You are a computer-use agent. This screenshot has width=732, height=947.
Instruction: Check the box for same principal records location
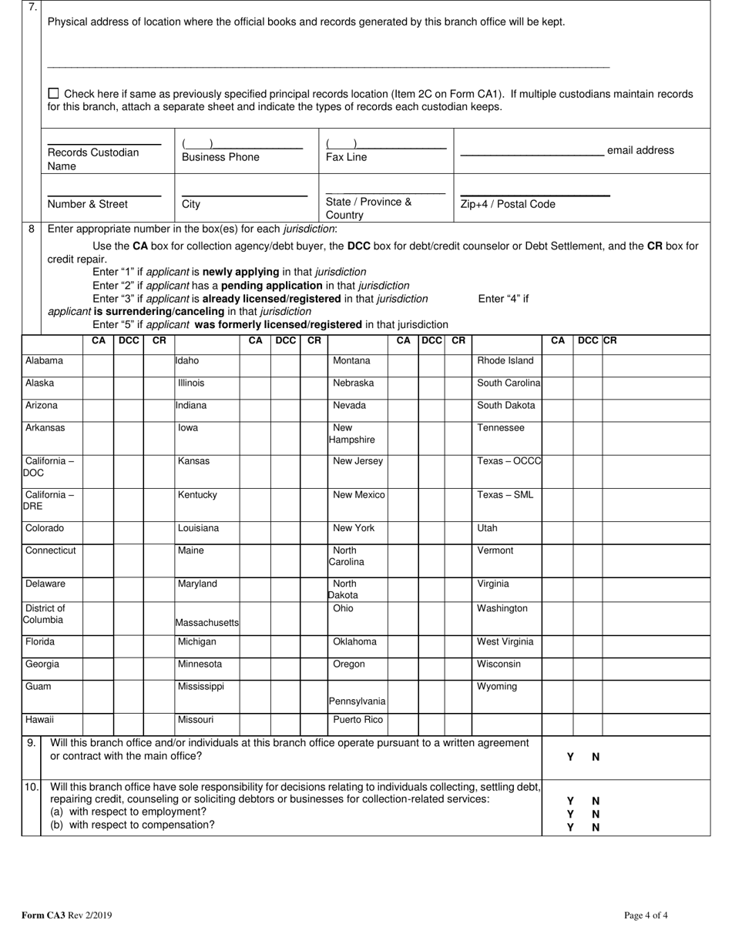tap(53, 93)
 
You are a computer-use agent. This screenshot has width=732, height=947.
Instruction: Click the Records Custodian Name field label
tap(92, 159)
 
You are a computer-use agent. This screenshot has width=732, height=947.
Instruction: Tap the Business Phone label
tap(220, 157)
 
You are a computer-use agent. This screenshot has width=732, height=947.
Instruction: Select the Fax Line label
tap(346, 157)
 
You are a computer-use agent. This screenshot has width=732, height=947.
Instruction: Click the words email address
tap(640, 150)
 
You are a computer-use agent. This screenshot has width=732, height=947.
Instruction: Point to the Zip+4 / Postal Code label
tap(507, 204)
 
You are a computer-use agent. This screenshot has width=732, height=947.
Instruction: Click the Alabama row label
tap(44, 361)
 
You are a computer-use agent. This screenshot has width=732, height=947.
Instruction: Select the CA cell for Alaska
tap(98, 387)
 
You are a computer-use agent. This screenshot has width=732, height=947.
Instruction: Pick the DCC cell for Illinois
tap(285, 387)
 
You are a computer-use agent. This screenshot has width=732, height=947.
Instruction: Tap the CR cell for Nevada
tap(458, 410)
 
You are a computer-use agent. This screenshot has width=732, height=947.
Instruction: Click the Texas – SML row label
tap(505, 495)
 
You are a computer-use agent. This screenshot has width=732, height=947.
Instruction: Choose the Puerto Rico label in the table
tap(358, 721)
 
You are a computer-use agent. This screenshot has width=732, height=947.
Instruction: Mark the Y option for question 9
tap(570, 757)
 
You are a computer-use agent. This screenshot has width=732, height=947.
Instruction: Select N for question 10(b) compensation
tap(596, 828)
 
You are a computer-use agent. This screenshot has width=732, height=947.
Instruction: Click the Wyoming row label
tap(497, 687)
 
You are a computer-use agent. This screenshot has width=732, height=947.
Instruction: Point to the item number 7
tap(32, 8)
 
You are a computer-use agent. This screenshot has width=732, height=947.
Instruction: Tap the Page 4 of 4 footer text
tap(646, 915)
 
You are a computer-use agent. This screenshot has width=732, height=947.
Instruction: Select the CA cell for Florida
tap(98, 646)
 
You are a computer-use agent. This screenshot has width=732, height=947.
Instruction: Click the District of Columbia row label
tap(44, 614)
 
